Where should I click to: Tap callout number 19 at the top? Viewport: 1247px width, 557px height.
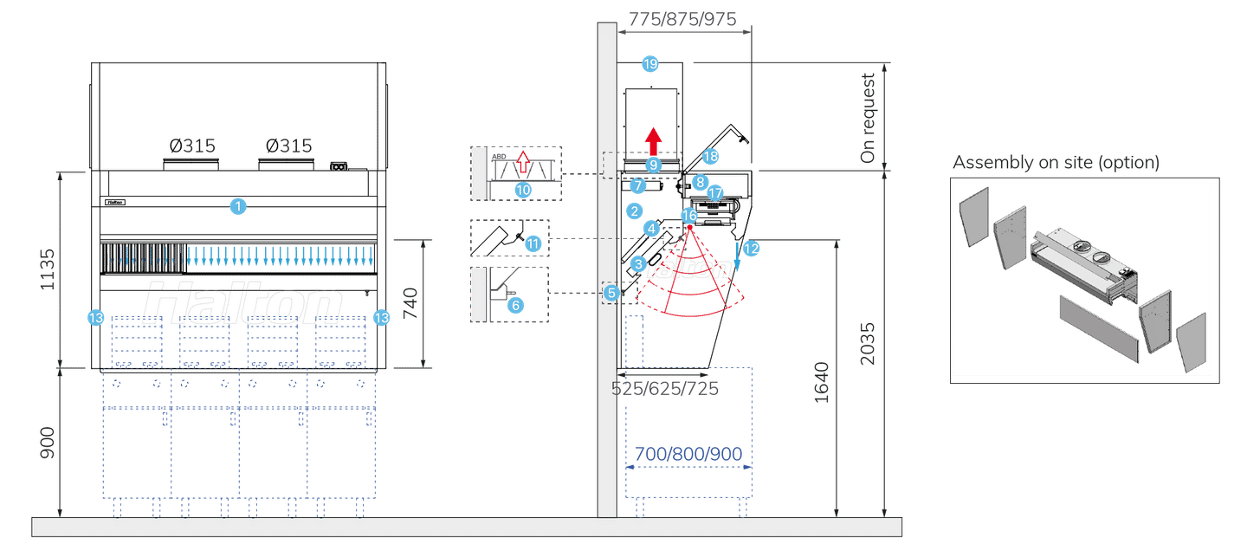coord(649,63)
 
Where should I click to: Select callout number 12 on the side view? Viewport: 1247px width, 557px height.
coord(751,249)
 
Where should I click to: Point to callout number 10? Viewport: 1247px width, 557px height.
coord(523,188)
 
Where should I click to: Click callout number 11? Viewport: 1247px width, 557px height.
coord(533,243)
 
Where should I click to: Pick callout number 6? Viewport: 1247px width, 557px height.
coord(515,305)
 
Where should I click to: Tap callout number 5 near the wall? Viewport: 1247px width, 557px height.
coord(611,293)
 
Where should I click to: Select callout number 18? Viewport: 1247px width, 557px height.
coord(710,157)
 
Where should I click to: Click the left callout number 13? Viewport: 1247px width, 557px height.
coord(95,318)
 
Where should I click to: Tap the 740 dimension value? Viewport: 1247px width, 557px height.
coord(411,303)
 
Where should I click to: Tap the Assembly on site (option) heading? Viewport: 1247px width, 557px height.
coord(1056,163)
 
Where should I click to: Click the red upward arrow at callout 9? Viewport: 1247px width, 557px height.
coord(653,139)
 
